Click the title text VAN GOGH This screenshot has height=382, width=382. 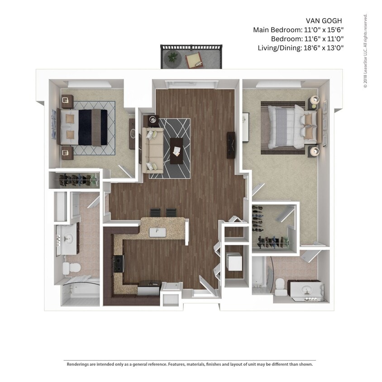(x=324, y=21)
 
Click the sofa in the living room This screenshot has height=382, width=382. (x=153, y=149)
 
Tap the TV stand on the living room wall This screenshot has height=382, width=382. (x=231, y=145)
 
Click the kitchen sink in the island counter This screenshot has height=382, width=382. (x=158, y=232)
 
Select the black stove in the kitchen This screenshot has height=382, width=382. (x=119, y=263)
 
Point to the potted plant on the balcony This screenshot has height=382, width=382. (x=172, y=57)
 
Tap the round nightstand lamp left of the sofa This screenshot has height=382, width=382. (x=152, y=120)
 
